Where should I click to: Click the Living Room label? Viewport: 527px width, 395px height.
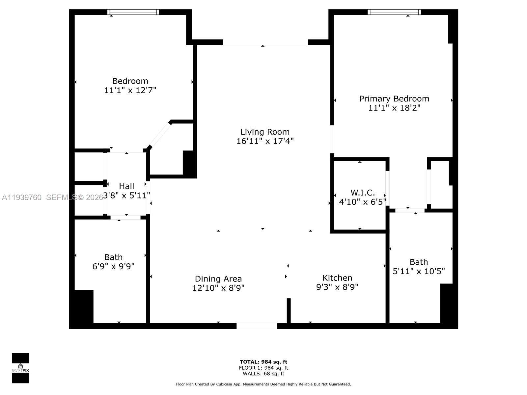265,132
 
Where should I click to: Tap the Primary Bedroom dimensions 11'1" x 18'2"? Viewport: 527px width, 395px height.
394,108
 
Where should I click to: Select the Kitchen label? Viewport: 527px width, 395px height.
337,278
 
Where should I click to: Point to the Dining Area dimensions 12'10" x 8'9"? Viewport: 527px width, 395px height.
218,288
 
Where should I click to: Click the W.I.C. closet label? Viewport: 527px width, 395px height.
362,193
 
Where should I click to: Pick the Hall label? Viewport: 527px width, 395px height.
126,186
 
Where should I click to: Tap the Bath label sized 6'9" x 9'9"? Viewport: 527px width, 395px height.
113,257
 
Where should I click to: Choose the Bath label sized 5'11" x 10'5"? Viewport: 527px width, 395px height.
419,262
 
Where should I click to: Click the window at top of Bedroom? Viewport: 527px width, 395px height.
133,12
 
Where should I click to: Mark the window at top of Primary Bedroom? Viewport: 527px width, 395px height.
394,12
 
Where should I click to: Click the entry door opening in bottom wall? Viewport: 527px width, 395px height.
257,326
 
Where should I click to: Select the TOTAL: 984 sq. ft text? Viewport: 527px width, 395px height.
263,362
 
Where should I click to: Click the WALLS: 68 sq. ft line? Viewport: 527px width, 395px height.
263,374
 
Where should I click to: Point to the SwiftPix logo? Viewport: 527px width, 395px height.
20,368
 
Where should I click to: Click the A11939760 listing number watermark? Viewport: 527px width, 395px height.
22,197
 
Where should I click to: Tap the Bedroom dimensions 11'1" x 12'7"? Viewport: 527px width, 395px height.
130,90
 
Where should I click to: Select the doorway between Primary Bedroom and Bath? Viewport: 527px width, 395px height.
410,210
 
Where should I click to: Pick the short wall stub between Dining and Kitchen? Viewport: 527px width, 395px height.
289,311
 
